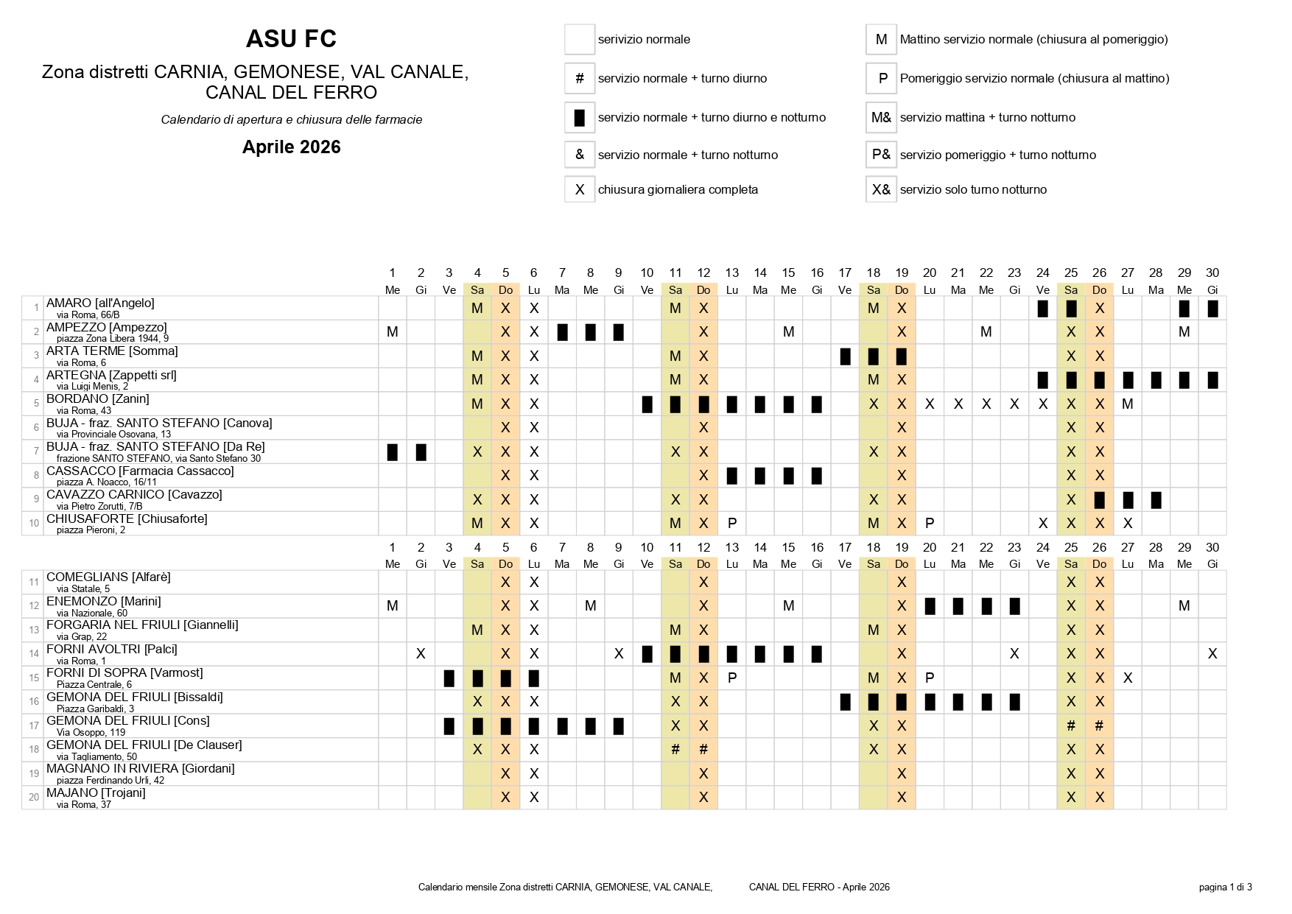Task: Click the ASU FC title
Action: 291,39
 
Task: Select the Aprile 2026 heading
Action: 291,147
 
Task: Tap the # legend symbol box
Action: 580,78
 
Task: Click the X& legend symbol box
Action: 881,189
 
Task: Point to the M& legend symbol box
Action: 881,117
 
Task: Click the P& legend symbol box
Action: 881,155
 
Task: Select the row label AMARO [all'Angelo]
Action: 100,303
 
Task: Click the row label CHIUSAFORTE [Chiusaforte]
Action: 127,518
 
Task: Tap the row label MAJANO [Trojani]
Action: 96,792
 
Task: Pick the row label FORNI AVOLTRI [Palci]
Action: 111,649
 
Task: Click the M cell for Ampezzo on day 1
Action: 392,332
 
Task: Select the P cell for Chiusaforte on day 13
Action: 731,524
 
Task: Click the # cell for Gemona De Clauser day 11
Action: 675,750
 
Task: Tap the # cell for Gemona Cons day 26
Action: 1099,725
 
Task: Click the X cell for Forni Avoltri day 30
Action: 1212,654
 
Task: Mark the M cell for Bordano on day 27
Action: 1127,404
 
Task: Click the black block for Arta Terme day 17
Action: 845,356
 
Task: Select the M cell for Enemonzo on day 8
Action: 590,606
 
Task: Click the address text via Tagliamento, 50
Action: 96,756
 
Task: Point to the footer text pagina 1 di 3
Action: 1225,887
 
